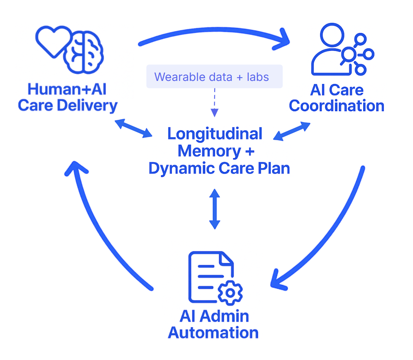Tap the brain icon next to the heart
pyautogui.click(x=83, y=52)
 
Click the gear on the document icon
pyautogui.click(x=230, y=293)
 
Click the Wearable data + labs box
pyautogui.click(x=215, y=76)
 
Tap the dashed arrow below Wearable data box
pyautogui.click(x=215, y=103)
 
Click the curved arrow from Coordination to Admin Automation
pyautogui.click(x=330, y=237)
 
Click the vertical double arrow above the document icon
pyautogui.click(x=215, y=209)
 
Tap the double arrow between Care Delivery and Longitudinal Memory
pyautogui.click(x=133, y=128)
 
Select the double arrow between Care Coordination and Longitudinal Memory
pyautogui.click(x=292, y=131)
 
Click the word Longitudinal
pyautogui.click(x=215, y=134)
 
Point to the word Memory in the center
pyautogui.click(x=209, y=151)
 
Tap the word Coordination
pyautogui.click(x=337, y=106)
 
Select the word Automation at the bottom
pyautogui.click(x=213, y=333)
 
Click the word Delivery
pyautogui.click(x=87, y=106)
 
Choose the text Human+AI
pyautogui.click(x=67, y=89)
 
